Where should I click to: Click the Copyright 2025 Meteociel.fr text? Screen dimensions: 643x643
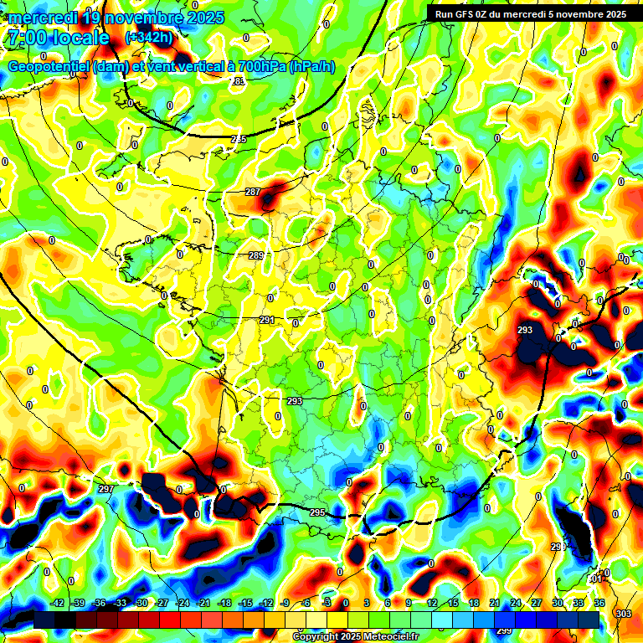click(356, 636)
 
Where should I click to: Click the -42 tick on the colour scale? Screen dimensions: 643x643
click(58, 603)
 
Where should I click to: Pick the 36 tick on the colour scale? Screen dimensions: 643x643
click(599, 603)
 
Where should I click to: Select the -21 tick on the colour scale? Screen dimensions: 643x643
click(203, 603)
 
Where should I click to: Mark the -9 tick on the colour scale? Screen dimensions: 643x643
click(285, 603)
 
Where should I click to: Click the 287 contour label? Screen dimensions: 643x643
click(253, 192)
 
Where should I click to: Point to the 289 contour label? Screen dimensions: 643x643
click(256, 255)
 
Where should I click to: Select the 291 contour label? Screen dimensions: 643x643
click(267, 320)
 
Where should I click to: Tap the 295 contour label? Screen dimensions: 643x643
click(317, 512)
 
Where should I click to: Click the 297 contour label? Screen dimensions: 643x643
click(105, 489)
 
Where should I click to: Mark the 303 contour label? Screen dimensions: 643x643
click(624, 614)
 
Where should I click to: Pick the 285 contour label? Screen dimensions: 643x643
click(239, 139)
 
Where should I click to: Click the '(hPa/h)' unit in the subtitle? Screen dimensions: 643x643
click(311, 67)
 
